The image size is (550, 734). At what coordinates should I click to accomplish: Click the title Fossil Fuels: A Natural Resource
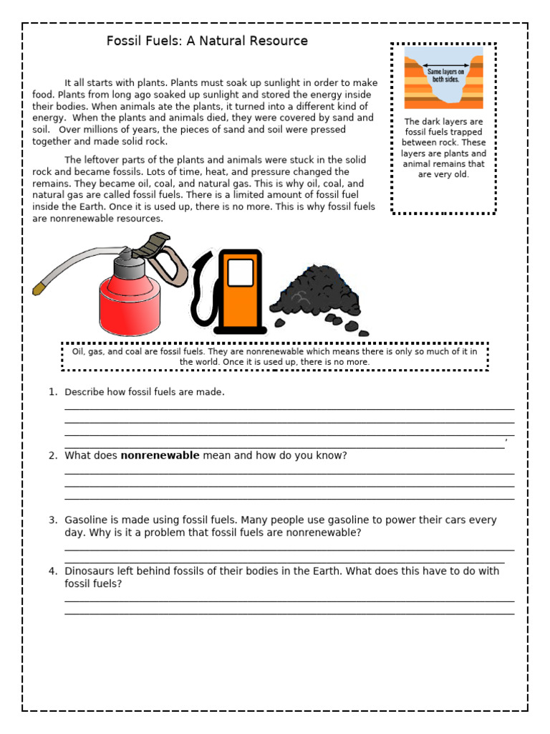point(207,41)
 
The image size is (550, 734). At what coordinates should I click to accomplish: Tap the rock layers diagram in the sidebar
point(443,77)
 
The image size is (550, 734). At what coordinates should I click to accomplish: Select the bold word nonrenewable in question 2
point(160,455)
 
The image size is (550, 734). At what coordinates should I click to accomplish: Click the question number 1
point(52,392)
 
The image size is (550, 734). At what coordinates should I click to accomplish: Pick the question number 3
point(52,520)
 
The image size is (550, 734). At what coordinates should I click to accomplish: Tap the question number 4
point(52,571)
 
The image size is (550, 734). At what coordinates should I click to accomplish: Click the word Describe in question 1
point(85,392)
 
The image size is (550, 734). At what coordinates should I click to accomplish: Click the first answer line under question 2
point(289,472)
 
